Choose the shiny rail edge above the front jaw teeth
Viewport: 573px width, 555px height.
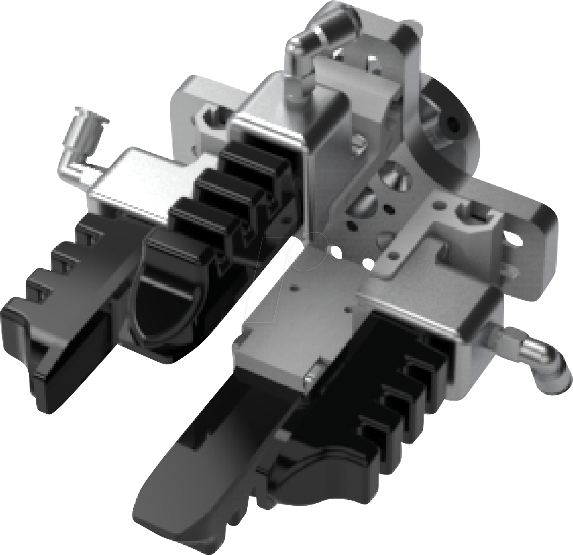[x=413, y=314]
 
